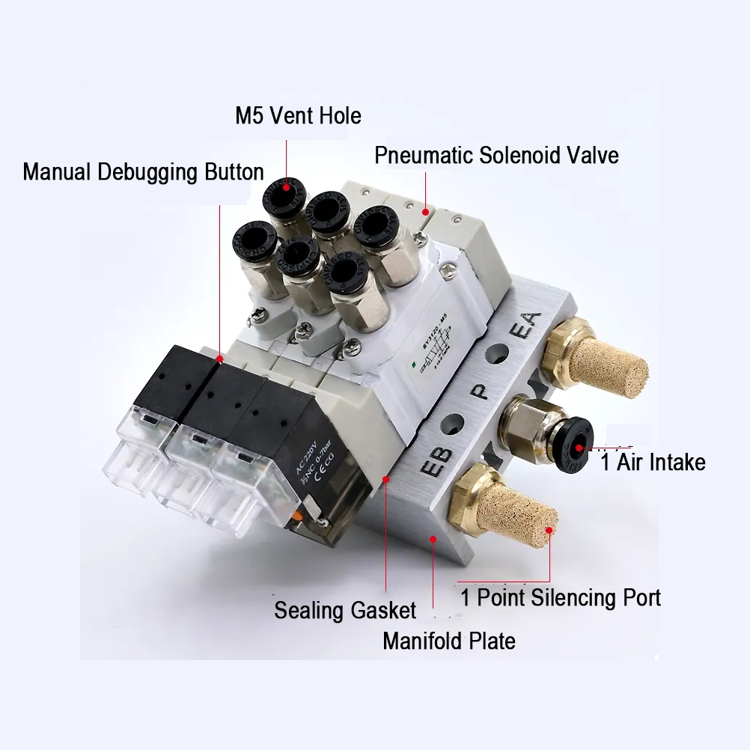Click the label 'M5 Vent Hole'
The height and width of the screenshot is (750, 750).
point(298,116)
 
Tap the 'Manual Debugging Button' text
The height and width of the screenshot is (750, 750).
point(143,171)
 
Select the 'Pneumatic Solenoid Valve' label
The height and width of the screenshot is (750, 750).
point(496,156)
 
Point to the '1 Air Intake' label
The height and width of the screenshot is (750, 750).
point(653,462)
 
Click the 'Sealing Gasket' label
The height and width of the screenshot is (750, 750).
point(344,610)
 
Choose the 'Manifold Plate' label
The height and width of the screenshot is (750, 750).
point(448,641)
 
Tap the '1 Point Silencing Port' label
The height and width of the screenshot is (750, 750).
point(561,597)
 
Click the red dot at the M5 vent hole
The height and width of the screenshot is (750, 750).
point(286,189)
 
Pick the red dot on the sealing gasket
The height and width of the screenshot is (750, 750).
point(385,477)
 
